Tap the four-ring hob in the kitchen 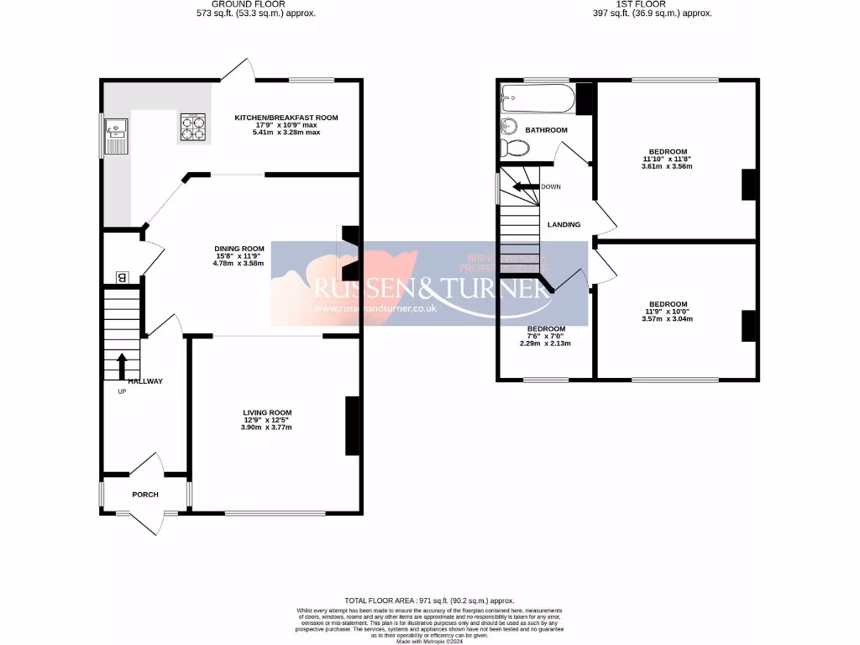pyautogui.click(x=191, y=127)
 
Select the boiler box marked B pyautogui.click(x=122, y=277)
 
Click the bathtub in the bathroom pyautogui.click(x=538, y=101)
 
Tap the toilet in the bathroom pyautogui.click(x=514, y=149)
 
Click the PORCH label pyautogui.click(x=144, y=495)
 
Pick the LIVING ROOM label pyautogui.click(x=267, y=412)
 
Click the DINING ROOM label pyautogui.click(x=239, y=249)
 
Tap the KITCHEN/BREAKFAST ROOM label pyautogui.click(x=286, y=118)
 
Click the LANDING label pyautogui.click(x=564, y=225)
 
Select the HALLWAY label pyautogui.click(x=145, y=381)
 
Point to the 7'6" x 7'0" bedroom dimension pyautogui.click(x=545, y=336)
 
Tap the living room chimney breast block pyautogui.click(x=353, y=426)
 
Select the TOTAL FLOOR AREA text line pyautogui.click(x=429, y=601)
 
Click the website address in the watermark pyautogui.click(x=375, y=309)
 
